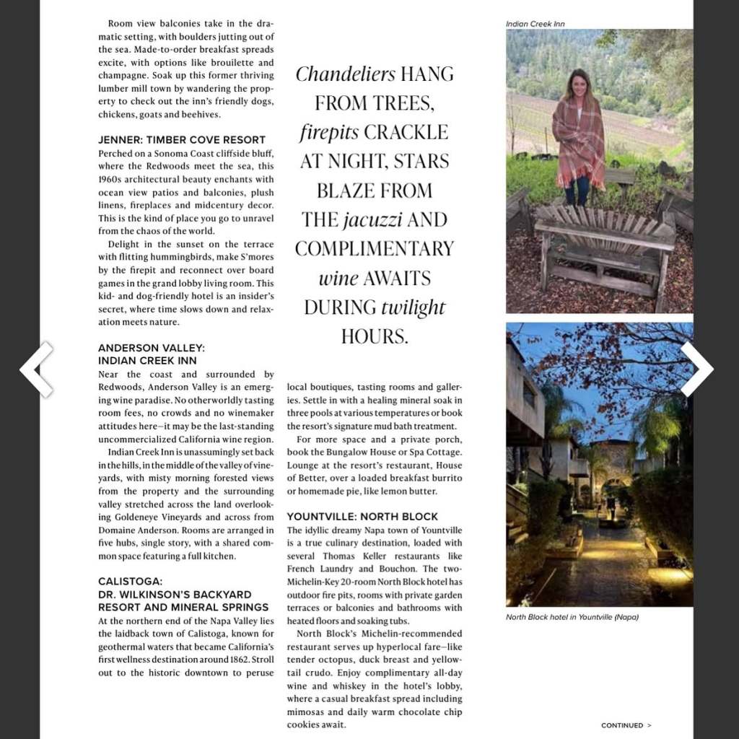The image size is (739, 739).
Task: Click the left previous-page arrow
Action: pos(37,369)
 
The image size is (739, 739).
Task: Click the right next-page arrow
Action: pos(696,369)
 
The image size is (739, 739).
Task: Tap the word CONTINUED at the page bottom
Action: pos(621,725)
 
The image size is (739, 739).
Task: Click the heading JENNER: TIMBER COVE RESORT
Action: pos(182,139)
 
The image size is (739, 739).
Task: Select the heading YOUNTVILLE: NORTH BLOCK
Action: pos(362,517)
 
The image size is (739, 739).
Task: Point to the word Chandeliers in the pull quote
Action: pos(346,74)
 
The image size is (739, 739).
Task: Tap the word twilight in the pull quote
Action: pos(414,307)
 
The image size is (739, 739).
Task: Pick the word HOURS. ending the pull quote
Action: pos(375,336)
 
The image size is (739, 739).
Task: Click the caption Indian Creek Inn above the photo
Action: pos(535,24)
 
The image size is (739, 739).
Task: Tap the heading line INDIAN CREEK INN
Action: pos(147,360)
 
